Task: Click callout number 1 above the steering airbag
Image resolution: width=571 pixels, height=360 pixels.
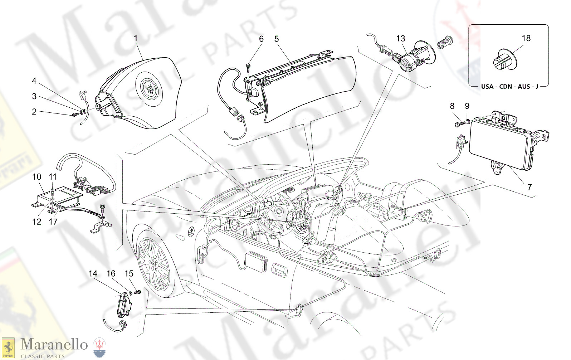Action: pyautogui.click(x=136, y=38)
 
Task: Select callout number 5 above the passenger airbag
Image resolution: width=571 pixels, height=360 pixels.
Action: pyautogui.click(x=277, y=39)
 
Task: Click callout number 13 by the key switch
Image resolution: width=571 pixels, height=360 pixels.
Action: pyautogui.click(x=401, y=39)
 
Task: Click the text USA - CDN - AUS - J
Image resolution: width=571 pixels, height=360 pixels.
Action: pyautogui.click(x=509, y=87)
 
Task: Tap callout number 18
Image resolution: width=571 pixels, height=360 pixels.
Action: pyautogui.click(x=526, y=38)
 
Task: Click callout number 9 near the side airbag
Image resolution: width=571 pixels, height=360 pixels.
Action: pyautogui.click(x=467, y=106)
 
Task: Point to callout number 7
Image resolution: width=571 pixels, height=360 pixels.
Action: pyautogui.click(x=529, y=187)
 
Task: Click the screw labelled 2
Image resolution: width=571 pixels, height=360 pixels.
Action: pyautogui.click(x=75, y=115)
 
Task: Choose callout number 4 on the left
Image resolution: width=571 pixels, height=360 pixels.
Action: pyautogui.click(x=34, y=81)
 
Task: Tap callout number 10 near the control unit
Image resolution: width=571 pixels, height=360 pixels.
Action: pyautogui.click(x=37, y=177)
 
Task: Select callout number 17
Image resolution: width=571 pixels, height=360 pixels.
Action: pyautogui.click(x=53, y=222)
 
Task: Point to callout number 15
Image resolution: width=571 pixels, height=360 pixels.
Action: pyautogui.click(x=129, y=274)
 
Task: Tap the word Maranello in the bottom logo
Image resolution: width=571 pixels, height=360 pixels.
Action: pyautogui.click(x=54, y=345)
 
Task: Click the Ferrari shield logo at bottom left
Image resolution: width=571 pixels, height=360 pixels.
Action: pyautogui.click(x=8, y=347)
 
